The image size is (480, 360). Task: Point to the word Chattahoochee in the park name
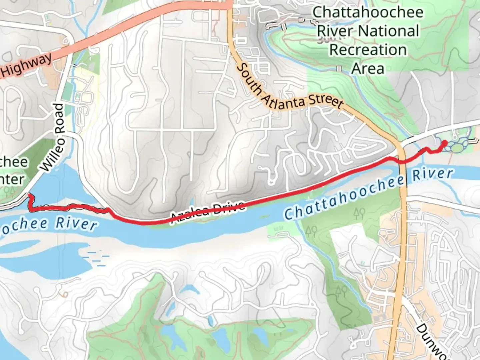(x=368, y=13)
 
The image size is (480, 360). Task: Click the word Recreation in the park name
(x=368, y=50)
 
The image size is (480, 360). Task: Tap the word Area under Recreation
(x=368, y=69)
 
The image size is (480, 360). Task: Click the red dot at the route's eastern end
(x=444, y=143)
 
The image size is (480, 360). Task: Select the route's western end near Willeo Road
(x=29, y=194)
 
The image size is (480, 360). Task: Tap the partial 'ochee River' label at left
(x=48, y=223)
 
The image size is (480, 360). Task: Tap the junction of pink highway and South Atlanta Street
(x=229, y=5)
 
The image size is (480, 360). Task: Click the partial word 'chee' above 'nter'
(x=13, y=162)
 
